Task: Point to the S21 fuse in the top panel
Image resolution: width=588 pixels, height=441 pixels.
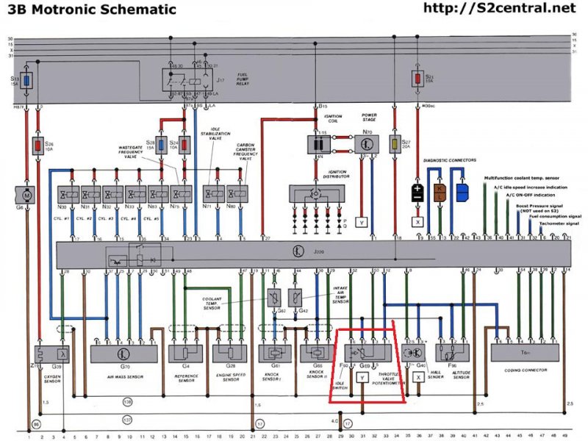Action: click(x=418, y=79)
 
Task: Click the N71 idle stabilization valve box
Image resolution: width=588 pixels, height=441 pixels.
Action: click(x=213, y=195)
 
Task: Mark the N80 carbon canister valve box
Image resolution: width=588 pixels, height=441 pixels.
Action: click(x=236, y=195)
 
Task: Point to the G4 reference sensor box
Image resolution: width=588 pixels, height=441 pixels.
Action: click(x=186, y=353)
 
